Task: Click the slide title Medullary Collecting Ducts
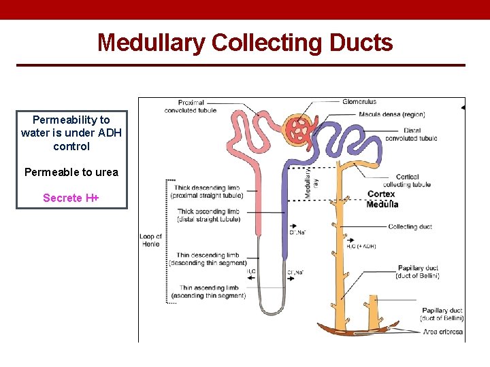pyautogui.click(x=245, y=42)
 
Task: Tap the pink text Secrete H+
pyautogui.click(x=71, y=198)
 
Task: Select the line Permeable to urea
pyautogui.click(x=71, y=172)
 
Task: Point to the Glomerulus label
pyautogui.click(x=360, y=102)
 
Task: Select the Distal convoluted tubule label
pyautogui.click(x=411, y=134)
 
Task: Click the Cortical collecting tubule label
pyautogui.click(x=406, y=181)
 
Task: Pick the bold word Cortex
pyautogui.click(x=381, y=194)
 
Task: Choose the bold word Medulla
pyautogui.click(x=382, y=205)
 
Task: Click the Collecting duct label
pyautogui.click(x=410, y=227)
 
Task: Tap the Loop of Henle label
pyautogui.click(x=150, y=241)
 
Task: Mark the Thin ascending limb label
pyautogui.click(x=208, y=292)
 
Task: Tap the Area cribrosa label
pyautogui.click(x=442, y=332)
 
